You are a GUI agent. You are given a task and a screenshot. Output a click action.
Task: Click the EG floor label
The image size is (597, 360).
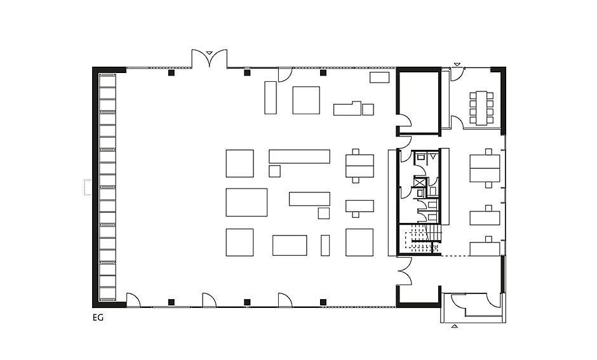(x=98, y=317)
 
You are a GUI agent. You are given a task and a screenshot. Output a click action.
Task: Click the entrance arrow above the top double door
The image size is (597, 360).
(x=209, y=53)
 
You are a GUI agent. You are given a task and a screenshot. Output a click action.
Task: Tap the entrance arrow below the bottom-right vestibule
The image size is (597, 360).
(x=454, y=326)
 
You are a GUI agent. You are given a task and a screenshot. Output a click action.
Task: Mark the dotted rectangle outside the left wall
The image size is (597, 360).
(x=87, y=187)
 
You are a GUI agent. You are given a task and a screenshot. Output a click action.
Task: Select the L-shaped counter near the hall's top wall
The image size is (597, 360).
(x=347, y=108)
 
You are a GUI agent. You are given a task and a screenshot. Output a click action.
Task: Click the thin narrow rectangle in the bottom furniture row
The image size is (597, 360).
(x=325, y=246)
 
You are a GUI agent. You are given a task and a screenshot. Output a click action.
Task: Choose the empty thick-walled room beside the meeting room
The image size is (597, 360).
(x=419, y=101)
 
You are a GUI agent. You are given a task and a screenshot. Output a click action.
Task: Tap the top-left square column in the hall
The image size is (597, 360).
(x=171, y=72)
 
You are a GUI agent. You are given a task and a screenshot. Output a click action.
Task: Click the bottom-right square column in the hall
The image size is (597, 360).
(x=323, y=302)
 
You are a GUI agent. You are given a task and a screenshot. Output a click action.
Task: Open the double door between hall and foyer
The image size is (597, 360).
(x=405, y=271)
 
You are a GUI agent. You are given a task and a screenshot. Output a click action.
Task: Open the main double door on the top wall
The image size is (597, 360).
(x=209, y=58)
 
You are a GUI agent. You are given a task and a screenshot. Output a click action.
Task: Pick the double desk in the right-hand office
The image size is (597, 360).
(x=485, y=168)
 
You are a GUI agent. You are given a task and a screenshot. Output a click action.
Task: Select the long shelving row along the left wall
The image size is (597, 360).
(x=107, y=187)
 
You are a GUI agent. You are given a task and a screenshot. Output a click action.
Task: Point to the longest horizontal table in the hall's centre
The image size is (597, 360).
(x=299, y=156)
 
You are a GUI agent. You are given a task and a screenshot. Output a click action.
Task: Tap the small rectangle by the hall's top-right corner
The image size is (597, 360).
(x=380, y=77)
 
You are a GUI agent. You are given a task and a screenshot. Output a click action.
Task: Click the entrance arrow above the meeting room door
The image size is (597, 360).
(x=457, y=64)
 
